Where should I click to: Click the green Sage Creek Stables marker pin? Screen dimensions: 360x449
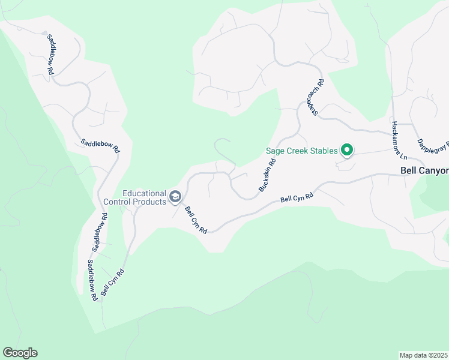346,150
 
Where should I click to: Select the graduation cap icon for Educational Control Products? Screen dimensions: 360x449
175,196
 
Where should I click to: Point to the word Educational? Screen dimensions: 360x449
144,193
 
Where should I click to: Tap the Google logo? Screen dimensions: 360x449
20,353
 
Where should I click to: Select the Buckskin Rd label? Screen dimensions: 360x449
267,175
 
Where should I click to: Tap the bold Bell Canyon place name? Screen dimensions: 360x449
424,171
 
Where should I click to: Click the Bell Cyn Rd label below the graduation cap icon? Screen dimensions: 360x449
196,220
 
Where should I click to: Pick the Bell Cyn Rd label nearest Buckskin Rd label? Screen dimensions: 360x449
297,198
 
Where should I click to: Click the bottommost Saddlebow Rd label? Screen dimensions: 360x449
91,280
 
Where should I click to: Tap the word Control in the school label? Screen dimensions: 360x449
118,202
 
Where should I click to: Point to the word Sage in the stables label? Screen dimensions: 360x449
274,151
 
